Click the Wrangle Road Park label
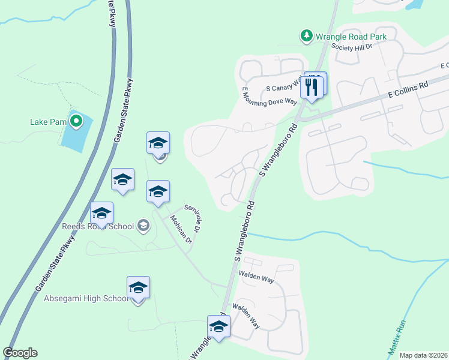[x=352, y=37]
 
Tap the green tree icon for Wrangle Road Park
[x=307, y=36]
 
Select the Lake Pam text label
[x=48, y=122]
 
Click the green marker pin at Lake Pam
[x=76, y=122]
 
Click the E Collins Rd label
[x=408, y=90]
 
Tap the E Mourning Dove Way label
[x=270, y=97]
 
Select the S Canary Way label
[x=283, y=88]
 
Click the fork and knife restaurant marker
[x=312, y=85]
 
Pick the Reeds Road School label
[x=98, y=227]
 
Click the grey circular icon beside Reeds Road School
[x=143, y=226]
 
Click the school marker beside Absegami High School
[x=138, y=288]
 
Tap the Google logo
[x=20, y=353]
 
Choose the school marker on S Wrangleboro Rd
[x=218, y=327]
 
